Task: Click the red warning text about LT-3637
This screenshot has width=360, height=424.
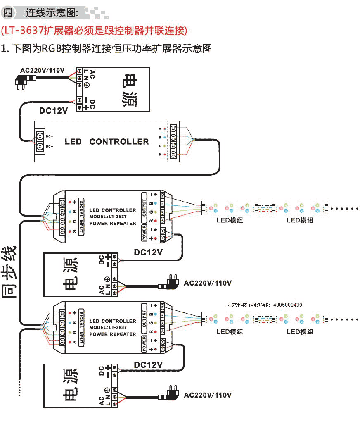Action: pos(94,30)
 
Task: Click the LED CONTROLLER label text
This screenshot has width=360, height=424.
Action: pos(107,142)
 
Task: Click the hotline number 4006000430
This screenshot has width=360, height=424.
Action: pos(288,305)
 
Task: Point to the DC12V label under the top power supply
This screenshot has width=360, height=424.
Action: pos(53,110)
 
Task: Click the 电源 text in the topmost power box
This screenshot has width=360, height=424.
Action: pos(130,91)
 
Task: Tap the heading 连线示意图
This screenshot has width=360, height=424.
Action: pos(52,12)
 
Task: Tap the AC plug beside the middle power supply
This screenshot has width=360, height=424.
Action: pos(169,284)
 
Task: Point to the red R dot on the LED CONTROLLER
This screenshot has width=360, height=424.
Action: pos(164,155)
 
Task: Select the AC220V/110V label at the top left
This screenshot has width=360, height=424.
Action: pos(42,70)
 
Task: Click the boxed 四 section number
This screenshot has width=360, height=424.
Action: pos(8,12)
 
